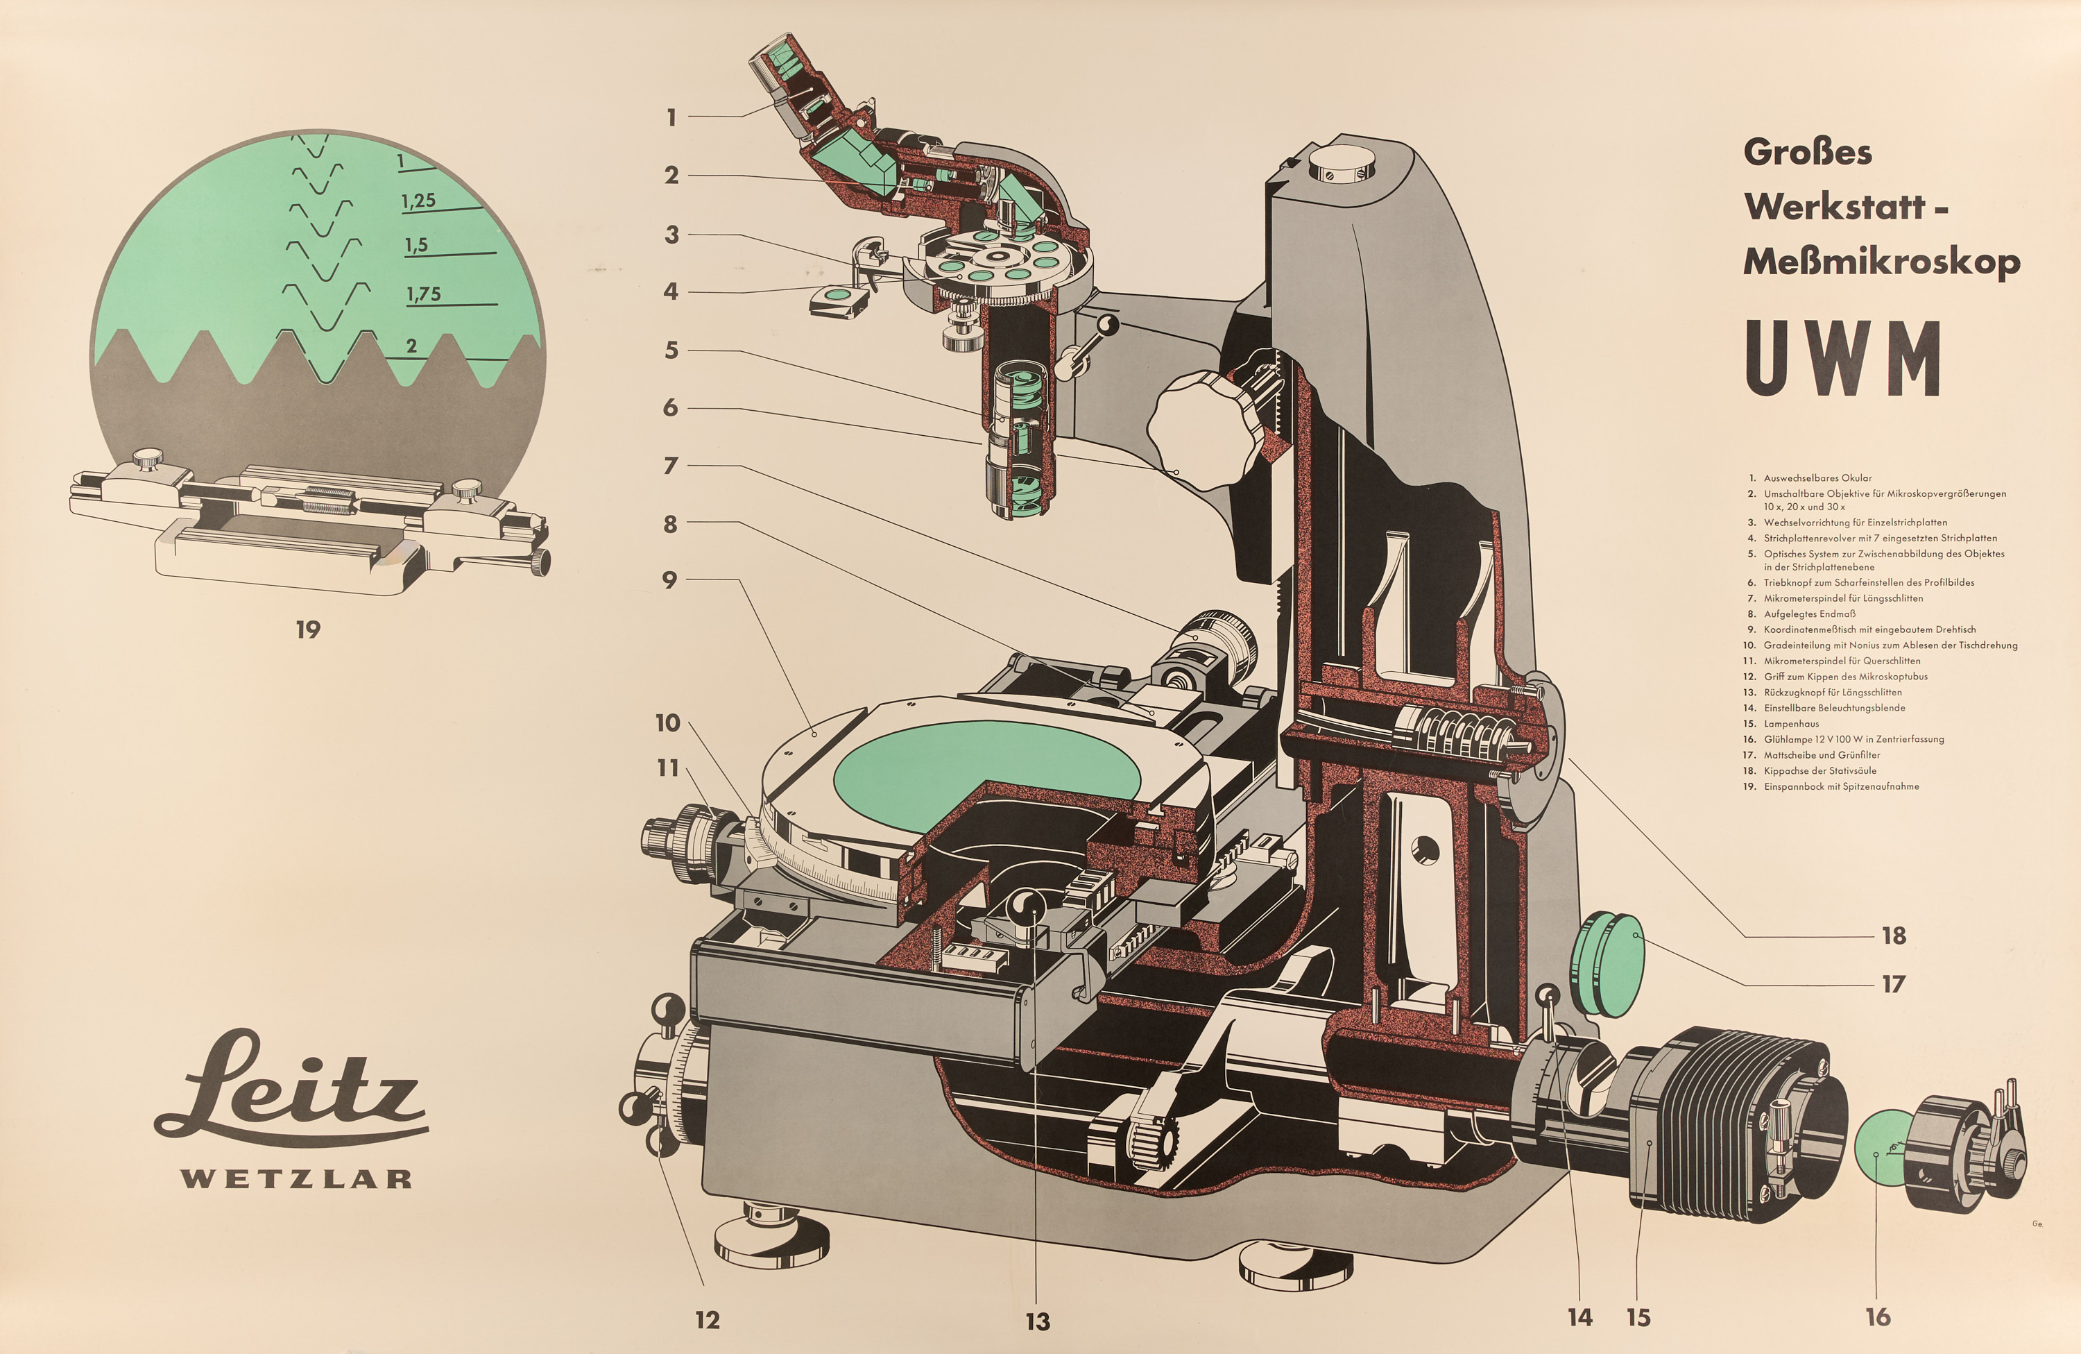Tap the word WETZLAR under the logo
(x=296, y=1178)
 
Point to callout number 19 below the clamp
(x=308, y=629)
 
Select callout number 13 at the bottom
(x=1038, y=1321)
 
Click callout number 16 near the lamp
(x=1878, y=1317)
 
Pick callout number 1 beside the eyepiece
(x=671, y=117)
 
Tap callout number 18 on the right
(x=1894, y=935)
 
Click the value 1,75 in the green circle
(x=423, y=294)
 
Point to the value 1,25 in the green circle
(x=419, y=201)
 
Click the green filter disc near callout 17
(x=1608, y=964)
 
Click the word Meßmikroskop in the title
(x=1882, y=262)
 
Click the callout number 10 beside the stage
(x=668, y=722)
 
